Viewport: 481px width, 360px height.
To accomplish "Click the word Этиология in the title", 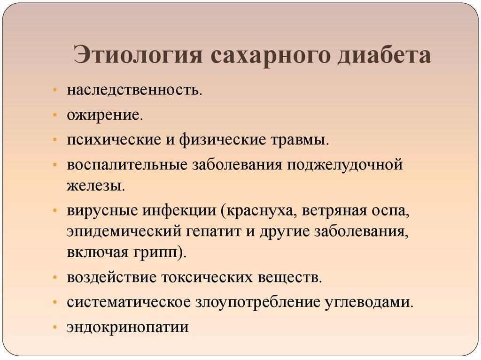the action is pyautogui.click(x=138, y=55).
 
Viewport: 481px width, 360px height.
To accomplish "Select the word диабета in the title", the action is pyautogui.click(x=384, y=55).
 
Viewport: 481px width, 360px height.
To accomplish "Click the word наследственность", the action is pyautogui.click(x=134, y=90).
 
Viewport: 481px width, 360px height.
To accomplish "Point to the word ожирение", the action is pyautogui.click(x=105, y=116).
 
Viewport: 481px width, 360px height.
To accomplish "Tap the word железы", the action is pyautogui.click(x=96, y=186).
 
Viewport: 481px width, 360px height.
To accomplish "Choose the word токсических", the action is pyautogui.click(x=209, y=278).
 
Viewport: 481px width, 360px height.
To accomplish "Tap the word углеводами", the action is pyautogui.click(x=369, y=303).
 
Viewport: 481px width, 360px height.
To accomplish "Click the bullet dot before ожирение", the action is pyautogui.click(x=54, y=115).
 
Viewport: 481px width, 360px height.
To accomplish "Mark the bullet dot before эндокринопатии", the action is pyautogui.click(x=54, y=327).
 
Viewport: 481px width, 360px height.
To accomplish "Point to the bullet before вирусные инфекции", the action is pyautogui.click(x=54, y=211).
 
